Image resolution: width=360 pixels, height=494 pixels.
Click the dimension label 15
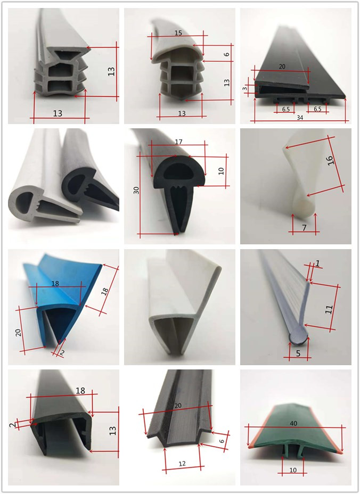[x=178, y=33]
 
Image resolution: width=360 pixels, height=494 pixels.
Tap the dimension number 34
[x=300, y=118]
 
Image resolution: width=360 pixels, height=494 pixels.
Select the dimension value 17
[x=178, y=142]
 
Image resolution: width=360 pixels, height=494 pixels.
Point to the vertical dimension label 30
[x=136, y=190]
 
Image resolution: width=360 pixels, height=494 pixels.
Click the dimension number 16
[x=330, y=160]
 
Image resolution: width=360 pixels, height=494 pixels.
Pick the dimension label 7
[x=304, y=227]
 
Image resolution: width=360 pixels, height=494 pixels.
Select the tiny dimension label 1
[x=317, y=264]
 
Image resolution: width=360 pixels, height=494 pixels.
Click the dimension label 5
[x=298, y=353]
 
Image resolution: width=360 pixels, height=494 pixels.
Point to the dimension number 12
[x=182, y=464]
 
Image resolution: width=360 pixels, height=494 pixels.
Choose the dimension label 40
[x=293, y=423]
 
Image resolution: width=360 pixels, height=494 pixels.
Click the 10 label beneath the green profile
[x=293, y=470]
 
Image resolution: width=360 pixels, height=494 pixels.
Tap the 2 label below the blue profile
[x=62, y=353]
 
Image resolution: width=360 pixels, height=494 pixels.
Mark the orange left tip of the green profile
[x=250, y=447]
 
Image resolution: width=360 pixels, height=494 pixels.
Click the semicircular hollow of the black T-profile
[x=178, y=172]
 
